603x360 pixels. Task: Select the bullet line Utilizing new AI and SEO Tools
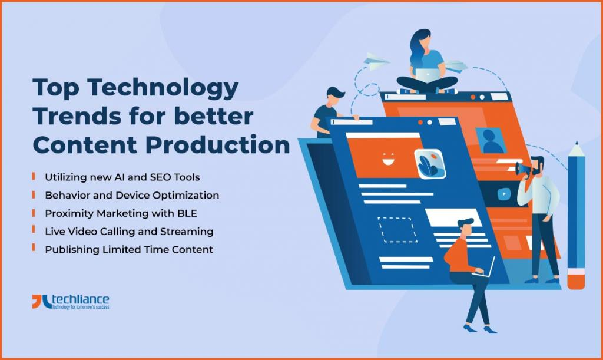(122, 177)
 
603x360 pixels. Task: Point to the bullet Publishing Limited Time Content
(129, 249)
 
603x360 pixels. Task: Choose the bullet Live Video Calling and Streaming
(129, 231)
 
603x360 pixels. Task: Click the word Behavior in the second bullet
(65, 195)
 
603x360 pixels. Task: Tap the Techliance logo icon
(41, 302)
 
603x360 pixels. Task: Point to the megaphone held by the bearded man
(524, 169)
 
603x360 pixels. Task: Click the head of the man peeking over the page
(334, 95)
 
